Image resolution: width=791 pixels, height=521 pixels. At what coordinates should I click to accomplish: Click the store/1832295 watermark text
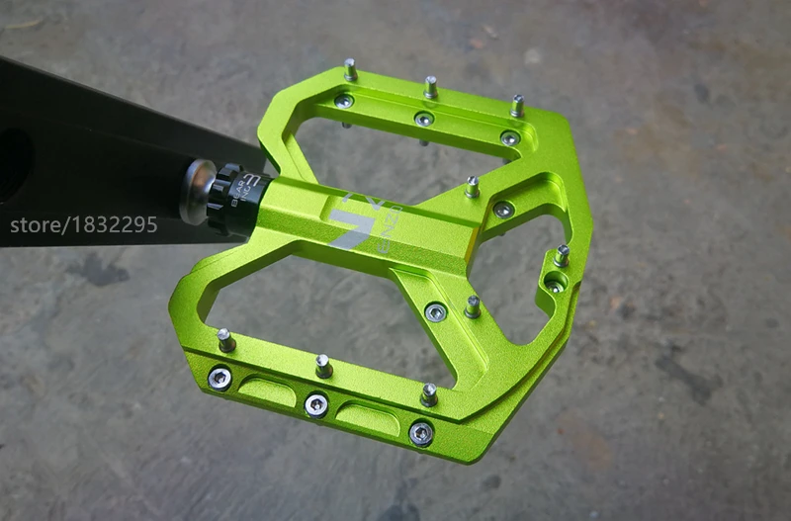coord(84,224)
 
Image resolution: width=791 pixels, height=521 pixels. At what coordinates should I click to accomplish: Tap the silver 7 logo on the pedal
coord(350,223)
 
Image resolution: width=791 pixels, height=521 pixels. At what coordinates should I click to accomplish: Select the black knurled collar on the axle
coord(231,199)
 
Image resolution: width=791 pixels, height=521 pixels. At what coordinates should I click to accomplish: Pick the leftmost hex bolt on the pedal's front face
coord(220,378)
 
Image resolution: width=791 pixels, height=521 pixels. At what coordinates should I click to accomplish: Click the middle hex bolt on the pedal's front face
coord(316,403)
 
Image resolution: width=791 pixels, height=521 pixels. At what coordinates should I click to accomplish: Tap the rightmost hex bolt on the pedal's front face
coord(421,432)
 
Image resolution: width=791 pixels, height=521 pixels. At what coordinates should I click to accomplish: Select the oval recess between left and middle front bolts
coord(267,389)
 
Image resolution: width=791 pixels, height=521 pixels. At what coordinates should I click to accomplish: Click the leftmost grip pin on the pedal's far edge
coord(350,70)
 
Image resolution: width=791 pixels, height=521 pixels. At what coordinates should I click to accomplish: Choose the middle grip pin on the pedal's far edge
coord(431,87)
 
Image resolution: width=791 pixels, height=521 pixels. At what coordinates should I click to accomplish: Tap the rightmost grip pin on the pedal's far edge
coord(517,105)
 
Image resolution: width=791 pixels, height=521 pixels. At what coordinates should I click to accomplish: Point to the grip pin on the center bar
coord(472,186)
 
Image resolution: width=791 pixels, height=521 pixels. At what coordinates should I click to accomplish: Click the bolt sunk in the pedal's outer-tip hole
coord(555,284)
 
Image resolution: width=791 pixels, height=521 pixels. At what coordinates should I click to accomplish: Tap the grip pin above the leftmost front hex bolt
coord(225,340)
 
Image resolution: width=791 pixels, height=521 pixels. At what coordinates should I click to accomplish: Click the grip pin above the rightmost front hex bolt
coord(428,394)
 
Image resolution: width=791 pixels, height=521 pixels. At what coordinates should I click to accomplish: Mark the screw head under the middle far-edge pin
coord(424,119)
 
